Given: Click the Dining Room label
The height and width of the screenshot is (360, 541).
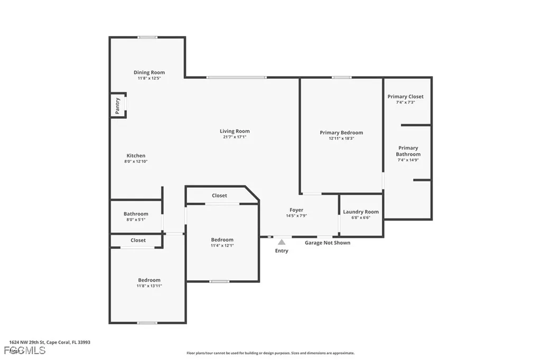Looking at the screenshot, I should pyautogui.click(x=149, y=72).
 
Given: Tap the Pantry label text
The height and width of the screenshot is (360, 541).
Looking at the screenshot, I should pyautogui.click(x=118, y=105).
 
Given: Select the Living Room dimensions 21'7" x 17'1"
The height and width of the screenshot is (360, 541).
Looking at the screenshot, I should pyautogui.click(x=235, y=137).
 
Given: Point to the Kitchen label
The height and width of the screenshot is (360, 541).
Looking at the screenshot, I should pyautogui.click(x=136, y=156).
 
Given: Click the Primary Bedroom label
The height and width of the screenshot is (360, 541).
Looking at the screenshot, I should pyautogui.click(x=341, y=132).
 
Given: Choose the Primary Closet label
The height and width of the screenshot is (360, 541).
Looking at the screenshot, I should pyautogui.click(x=405, y=97).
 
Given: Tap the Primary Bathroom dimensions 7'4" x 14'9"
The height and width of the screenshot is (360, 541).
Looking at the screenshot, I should pyautogui.click(x=408, y=160).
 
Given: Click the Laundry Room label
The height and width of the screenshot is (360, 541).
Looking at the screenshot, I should pyautogui.click(x=361, y=212).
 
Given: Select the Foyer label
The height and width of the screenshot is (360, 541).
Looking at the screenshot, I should pyautogui.click(x=296, y=210).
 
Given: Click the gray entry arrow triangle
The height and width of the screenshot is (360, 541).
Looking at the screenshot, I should pyautogui.click(x=282, y=242).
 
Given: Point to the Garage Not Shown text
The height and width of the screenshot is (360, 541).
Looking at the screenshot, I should pyautogui.click(x=328, y=243).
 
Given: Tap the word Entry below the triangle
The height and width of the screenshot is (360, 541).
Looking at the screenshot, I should pyautogui.click(x=282, y=251).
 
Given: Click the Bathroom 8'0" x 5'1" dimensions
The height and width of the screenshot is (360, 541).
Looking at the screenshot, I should pyautogui.click(x=136, y=220).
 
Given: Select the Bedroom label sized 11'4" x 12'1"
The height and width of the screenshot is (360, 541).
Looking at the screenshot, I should pyautogui.click(x=222, y=240).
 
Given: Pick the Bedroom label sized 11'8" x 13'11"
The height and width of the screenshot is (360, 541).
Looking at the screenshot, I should pyautogui.click(x=149, y=280).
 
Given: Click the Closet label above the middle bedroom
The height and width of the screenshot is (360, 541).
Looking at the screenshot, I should pyautogui.click(x=219, y=195).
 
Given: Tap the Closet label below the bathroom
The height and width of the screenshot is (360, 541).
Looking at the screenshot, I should pyautogui.click(x=138, y=240).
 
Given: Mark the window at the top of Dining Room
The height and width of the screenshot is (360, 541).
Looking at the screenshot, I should pyautogui.click(x=147, y=37).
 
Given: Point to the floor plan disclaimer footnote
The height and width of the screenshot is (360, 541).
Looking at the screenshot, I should pyautogui.click(x=270, y=353).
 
